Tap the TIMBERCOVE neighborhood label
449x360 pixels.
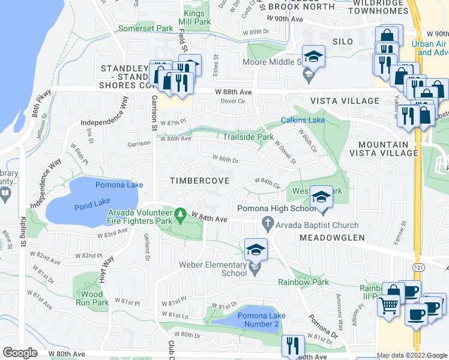[x=191, y=181]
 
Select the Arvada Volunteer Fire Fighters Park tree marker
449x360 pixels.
[x=180, y=213]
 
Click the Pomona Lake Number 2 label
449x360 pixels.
[x=259, y=320]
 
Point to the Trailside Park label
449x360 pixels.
[x=248, y=137]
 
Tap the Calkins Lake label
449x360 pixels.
[x=303, y=121]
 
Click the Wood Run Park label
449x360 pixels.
[x=94, y=298]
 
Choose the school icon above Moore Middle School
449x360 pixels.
[x=313, y=57]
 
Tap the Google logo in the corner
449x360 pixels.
[x=20, y=353]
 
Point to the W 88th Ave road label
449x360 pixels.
[x=233, y=92]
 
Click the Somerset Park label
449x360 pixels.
[x=145, y=28]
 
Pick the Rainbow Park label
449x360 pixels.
[x=303, y=282]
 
